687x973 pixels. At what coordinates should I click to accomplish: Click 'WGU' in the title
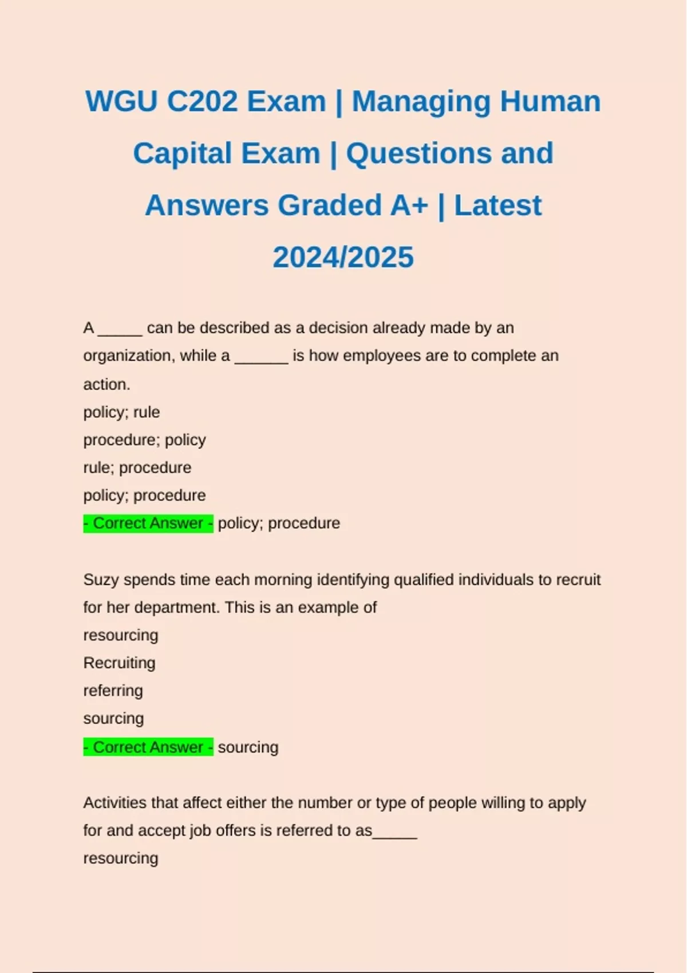coord(121,102)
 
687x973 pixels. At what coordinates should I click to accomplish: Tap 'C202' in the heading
coord(202,102)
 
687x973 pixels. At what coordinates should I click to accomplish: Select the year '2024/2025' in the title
coord(343,258)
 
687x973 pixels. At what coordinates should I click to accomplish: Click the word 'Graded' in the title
coord(330,205)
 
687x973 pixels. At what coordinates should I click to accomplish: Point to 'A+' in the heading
coord(409,205)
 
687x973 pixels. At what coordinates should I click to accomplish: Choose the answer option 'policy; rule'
coord(121,412)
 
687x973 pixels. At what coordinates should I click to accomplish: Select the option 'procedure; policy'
coord(144,440)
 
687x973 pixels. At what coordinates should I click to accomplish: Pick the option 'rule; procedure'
coord(137,468)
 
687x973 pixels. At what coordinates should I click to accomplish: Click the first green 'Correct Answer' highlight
coord(148,523)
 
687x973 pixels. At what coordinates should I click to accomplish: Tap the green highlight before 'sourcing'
coord(148,747)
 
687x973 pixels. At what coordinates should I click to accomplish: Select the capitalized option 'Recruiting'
coord(119,663)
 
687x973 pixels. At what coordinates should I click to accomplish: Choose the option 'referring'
coord(113,691)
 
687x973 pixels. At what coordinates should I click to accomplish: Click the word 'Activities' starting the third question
coord(115,803)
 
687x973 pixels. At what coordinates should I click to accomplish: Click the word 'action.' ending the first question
coord(106,385)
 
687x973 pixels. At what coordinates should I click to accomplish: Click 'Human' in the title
coord(550,102)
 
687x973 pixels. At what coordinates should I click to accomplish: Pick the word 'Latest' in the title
coord(498,205)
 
